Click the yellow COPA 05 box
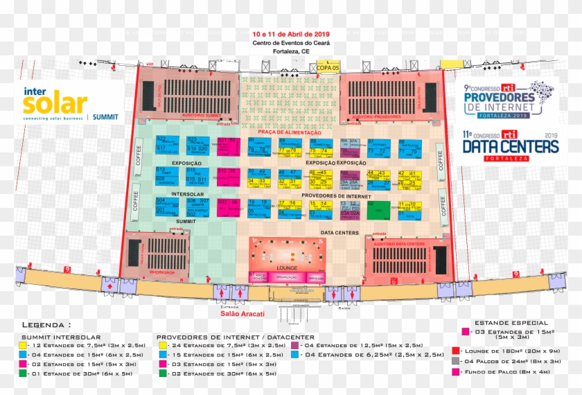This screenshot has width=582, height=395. point(328,68)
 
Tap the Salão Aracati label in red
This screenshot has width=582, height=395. point(242,314)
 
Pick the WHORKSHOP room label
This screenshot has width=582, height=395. point(161,272)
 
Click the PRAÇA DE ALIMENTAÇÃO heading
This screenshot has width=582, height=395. point(290,132)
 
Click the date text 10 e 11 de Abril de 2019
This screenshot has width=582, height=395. point(291,33)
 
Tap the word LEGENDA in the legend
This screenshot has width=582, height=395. point(46,324)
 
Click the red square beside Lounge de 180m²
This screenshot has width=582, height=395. point(455,351)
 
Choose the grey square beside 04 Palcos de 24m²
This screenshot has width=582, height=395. point(455,361)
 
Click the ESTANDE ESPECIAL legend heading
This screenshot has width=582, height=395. point(511,322)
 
